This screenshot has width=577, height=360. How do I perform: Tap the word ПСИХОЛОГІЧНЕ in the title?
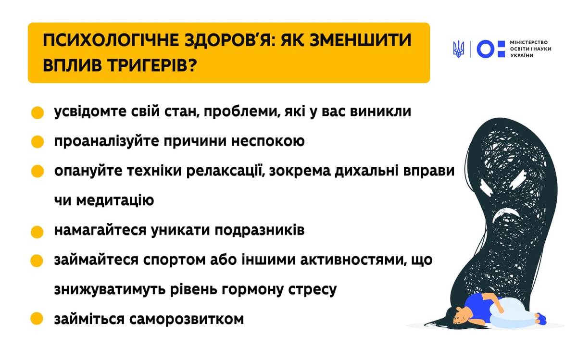tap(111, 40)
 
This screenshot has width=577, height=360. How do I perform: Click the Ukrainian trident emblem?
tap(459, 49)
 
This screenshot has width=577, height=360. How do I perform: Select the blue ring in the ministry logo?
tap(485, 49)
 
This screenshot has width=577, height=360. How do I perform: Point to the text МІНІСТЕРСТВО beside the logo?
tap(529, 42)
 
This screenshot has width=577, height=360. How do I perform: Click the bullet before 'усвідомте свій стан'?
tap(38, 112)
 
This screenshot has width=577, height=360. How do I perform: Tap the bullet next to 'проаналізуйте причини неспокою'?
tap(38, 142)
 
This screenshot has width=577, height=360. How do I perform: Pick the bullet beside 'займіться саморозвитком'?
tap(37, 319)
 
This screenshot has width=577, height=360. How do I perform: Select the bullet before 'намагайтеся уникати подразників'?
tap(37, 232)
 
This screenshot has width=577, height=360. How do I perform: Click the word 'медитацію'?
tap(115, 200)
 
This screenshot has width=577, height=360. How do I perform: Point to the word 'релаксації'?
tap(226, 171)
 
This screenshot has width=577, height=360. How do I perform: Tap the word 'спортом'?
tap(174, 261)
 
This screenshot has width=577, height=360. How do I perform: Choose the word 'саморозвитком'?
tap(186, 319)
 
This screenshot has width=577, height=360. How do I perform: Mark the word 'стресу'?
tap(312, 290)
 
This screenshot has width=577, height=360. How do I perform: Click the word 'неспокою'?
tap(268, 141)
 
